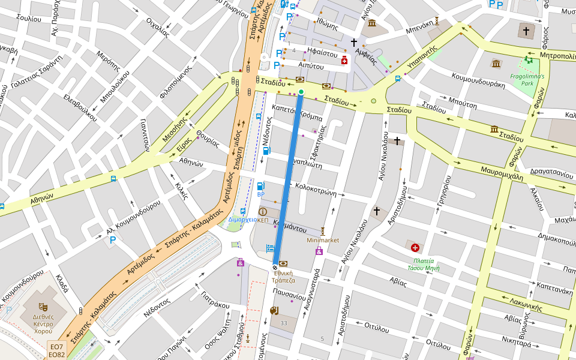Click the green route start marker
pos(301,92)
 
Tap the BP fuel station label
pos(260,194)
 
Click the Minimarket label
pos(323,240)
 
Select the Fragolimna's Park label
pos(527,80)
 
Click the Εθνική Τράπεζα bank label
pos(284,276)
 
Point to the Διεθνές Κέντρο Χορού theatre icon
pos(43,307)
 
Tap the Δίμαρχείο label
pos(242,220)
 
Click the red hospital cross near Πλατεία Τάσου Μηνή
pos(415,247)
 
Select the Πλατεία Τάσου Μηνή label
pos(426,265)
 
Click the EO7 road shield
pos(56,346)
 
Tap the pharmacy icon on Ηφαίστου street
pos(344,61)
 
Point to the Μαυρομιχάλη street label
pos(502,173)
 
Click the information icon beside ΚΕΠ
pos(263,212)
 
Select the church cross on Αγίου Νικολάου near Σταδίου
pos(397,141)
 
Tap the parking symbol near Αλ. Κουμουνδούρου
pos(112,241)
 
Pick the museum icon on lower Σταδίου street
pos(494,129)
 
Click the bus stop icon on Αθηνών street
pos(113,178)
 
